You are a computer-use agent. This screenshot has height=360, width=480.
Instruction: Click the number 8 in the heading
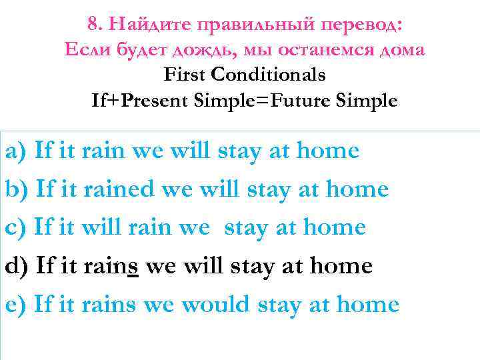pos(92,25)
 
